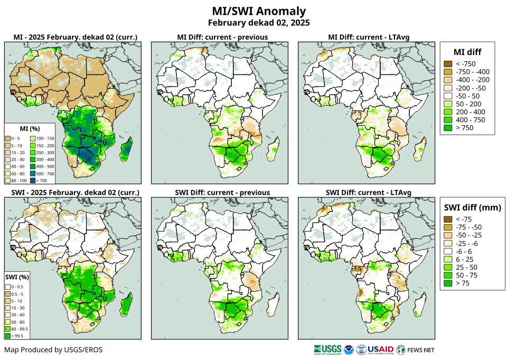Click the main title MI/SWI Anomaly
point(258,11)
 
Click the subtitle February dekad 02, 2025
point(258,23)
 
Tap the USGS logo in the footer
point(327,349)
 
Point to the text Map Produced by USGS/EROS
point(53,349)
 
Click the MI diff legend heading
point(467,52)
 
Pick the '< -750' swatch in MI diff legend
point(448,64)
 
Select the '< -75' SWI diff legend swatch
point(448,219)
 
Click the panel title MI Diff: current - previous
point(222,37)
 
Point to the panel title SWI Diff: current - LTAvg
point(369,192)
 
